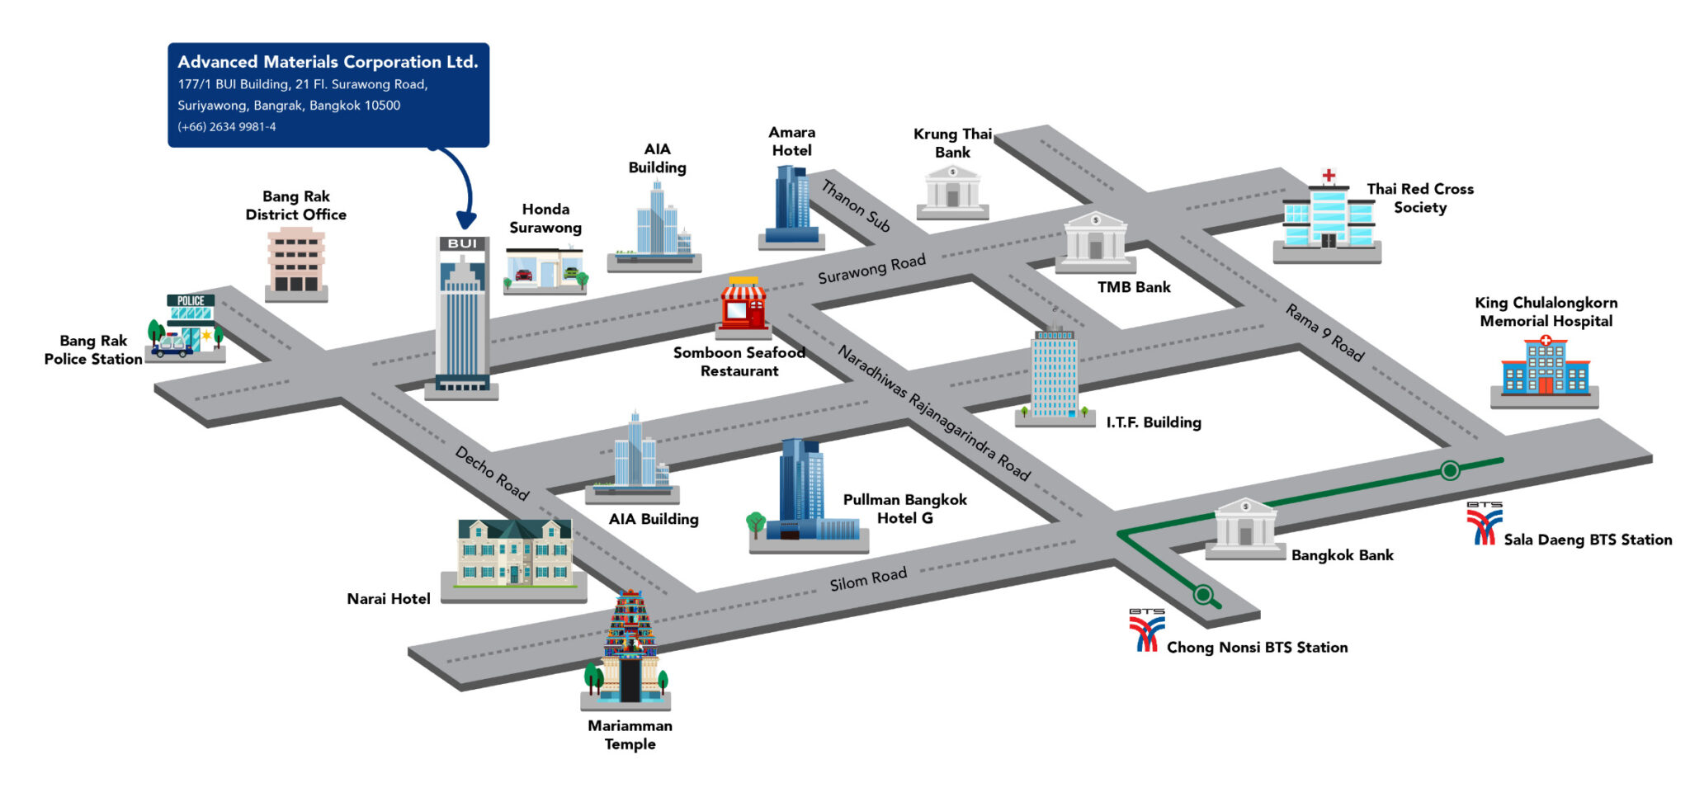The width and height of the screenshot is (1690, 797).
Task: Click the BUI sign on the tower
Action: coord(462,244)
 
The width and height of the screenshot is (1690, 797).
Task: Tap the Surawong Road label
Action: coord(871,269)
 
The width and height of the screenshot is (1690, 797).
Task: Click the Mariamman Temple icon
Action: coord(629,648)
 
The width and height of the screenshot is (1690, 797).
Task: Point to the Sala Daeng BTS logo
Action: coord(1484,524)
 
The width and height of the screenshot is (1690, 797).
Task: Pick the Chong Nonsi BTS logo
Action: coord(1146,630)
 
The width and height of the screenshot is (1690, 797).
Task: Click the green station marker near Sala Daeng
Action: coord(1450,470)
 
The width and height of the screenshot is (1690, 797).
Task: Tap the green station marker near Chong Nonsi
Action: coord(1203,594)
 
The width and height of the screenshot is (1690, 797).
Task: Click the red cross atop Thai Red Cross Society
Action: coord(1329,176)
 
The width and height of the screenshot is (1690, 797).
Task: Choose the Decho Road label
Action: coord(492,474)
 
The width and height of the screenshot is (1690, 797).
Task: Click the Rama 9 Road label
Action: coord(1325,332)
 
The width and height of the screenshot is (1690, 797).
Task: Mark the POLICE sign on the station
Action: coord(191,301)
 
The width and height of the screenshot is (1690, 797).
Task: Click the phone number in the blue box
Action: coord(227,127)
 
